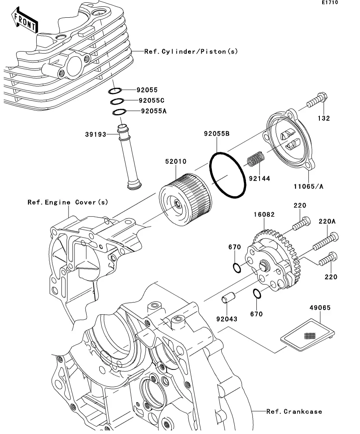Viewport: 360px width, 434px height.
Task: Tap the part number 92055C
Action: (151, 101)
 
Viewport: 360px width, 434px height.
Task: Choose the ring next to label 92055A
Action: (119, 112)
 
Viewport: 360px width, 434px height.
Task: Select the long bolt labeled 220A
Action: (325, 242)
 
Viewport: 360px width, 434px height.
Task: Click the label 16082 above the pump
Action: (264, 214)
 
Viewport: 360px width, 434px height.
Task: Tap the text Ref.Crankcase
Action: (294, 412)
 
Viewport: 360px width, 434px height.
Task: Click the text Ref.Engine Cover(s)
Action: (67, 202)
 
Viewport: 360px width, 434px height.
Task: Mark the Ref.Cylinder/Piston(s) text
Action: (191, 51)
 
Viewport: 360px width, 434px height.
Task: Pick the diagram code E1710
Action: (330, 3)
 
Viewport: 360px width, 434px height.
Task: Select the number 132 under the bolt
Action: (324, 118)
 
